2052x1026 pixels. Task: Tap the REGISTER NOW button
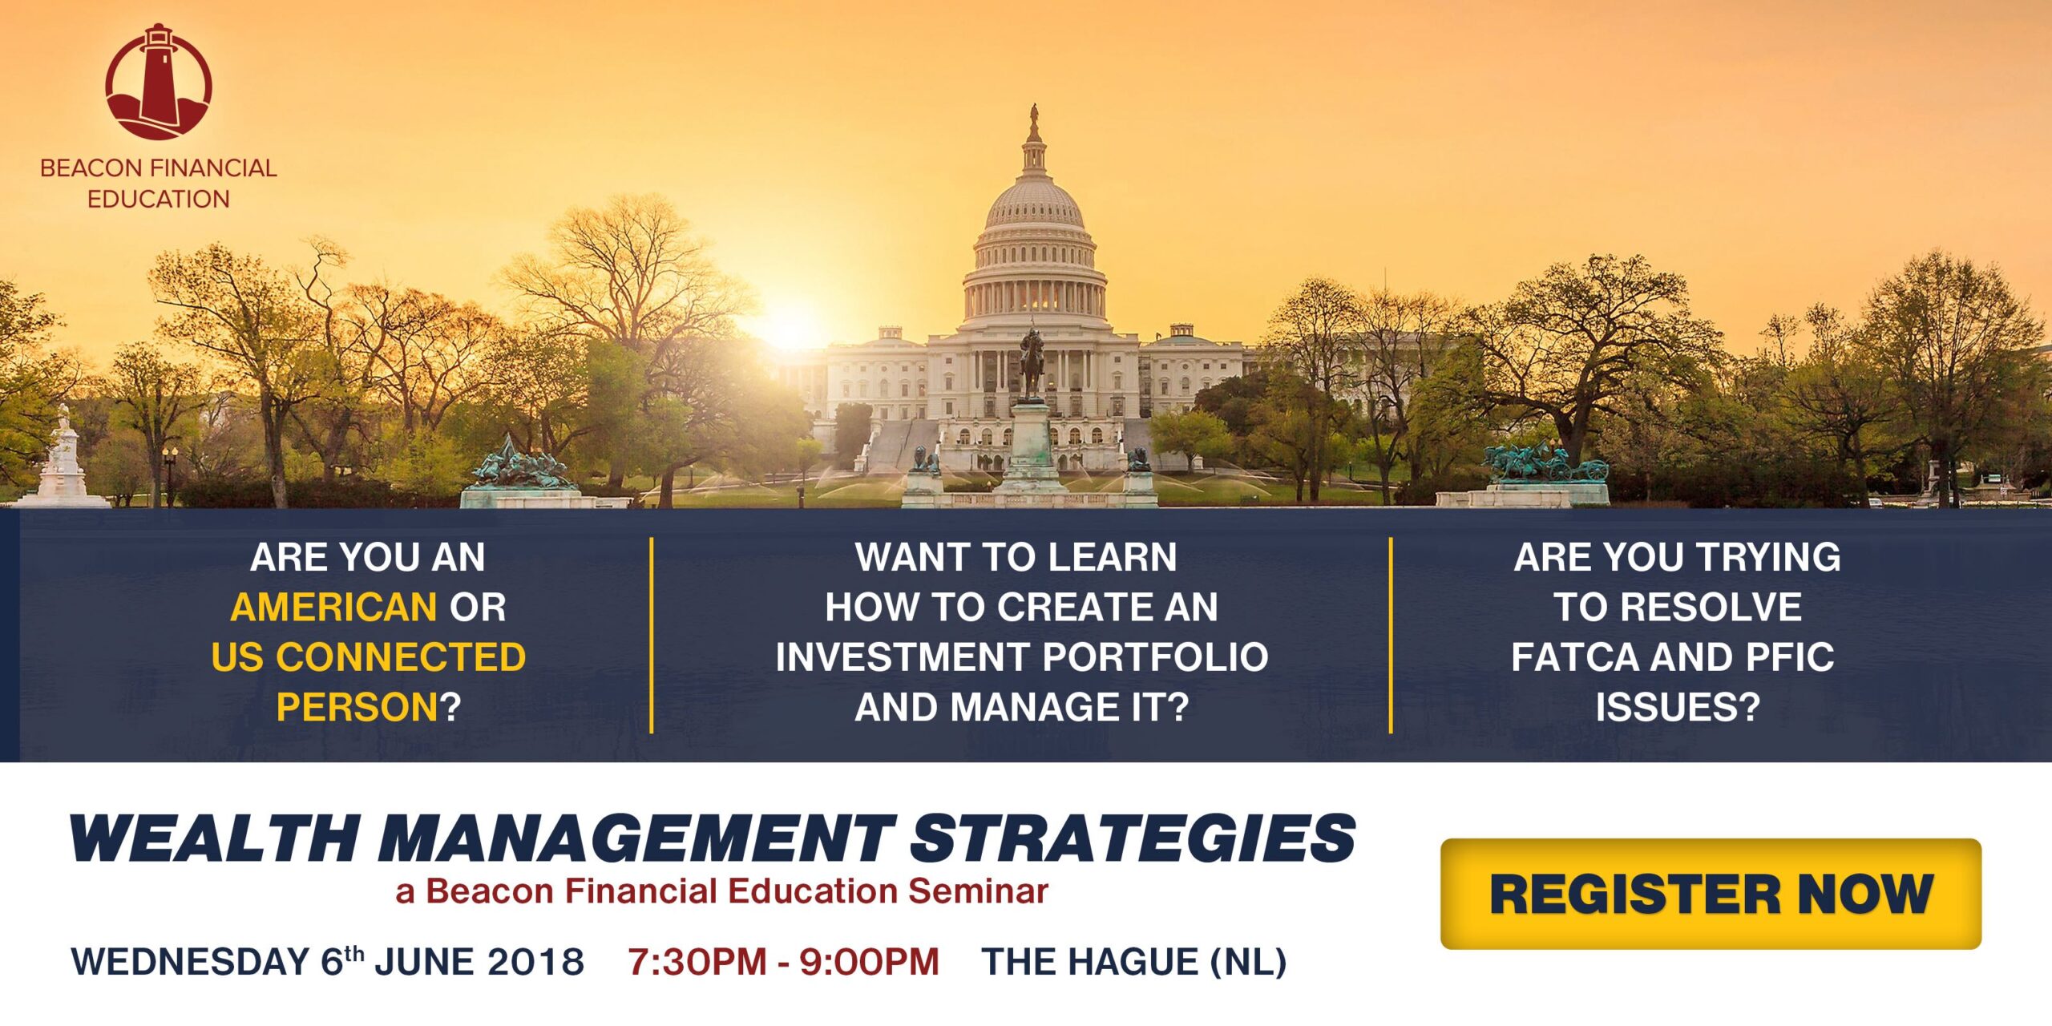point(1711,894)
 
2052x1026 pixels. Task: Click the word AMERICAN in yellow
point(333,607)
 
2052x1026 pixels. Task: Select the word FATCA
point(1573,657)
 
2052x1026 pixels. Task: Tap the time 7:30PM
point(697,962)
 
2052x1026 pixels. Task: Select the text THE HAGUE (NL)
point(1134,962)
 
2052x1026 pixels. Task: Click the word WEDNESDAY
point(190,962)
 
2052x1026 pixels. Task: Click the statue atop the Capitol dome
point(1034,115)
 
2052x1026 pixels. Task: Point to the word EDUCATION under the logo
point(159,199)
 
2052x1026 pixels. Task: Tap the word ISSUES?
point(1677,707)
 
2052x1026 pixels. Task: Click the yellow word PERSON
point(357,707)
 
